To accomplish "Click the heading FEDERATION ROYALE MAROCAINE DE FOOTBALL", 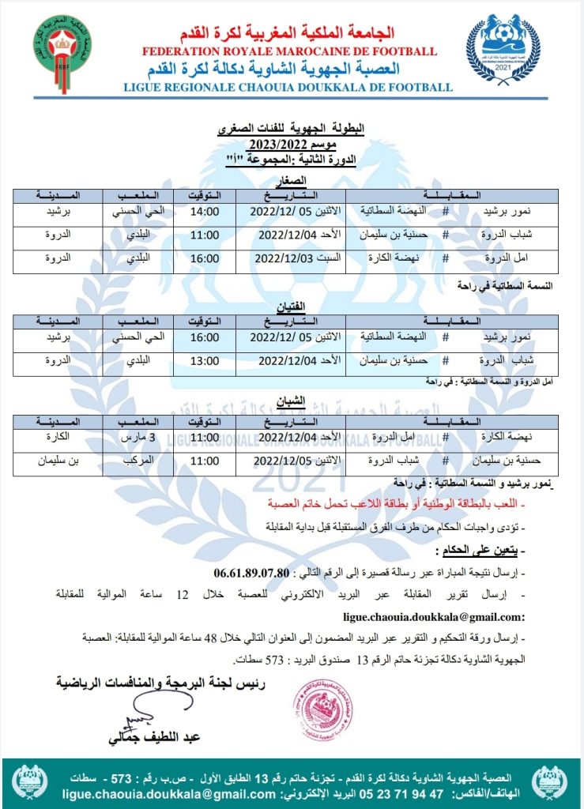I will (x=290, y=51).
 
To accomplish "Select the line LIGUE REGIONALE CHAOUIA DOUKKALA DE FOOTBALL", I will (x=288, y=88).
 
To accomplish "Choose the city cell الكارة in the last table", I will (x=55, y=435).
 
